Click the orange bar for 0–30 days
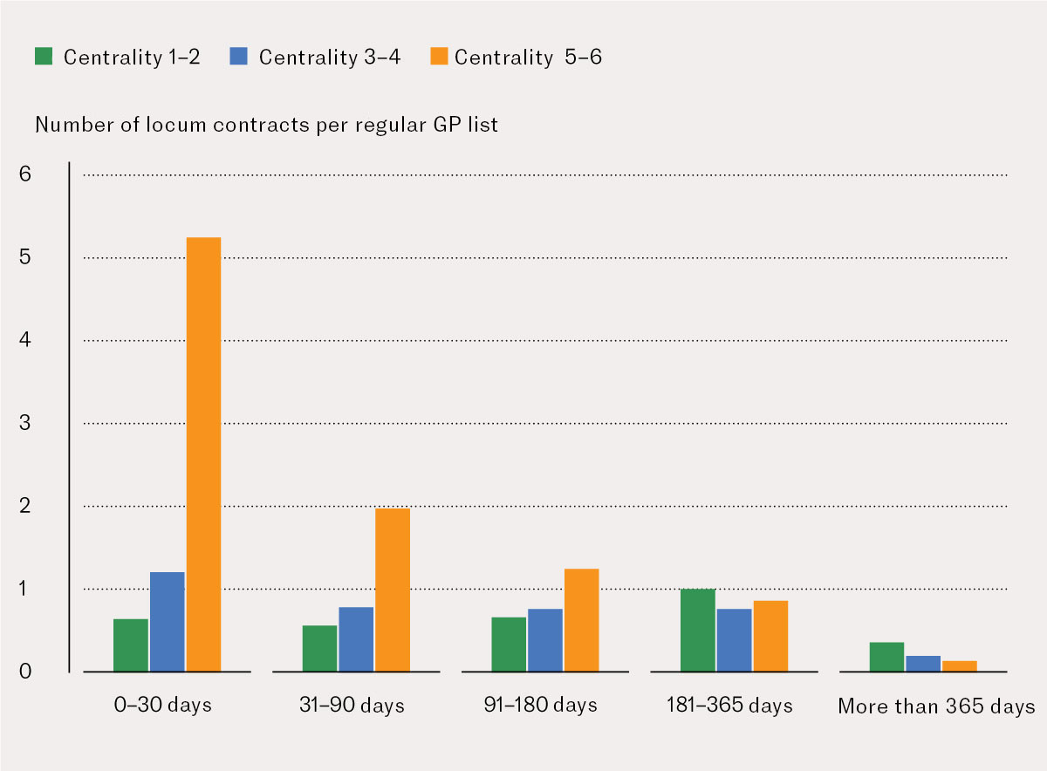coord(203,454)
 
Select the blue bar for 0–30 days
coord(167,621)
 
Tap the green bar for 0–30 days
coord(131,645)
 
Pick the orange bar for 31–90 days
coord(392,590)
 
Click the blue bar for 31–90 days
coord(356,639)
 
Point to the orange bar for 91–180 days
coord(581,620)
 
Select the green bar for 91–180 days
coord(509,645)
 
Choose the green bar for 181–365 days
coord(698,630)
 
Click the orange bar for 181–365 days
coord(770,636)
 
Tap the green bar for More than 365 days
coord(886,657)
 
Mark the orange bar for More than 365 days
coord(960,666)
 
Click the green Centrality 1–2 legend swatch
coord(44,57)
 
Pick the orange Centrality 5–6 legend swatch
coord(438,57)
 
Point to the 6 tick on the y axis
coord(24,174)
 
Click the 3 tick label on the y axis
coord(24,423)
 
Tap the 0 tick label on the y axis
coord(24,672)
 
